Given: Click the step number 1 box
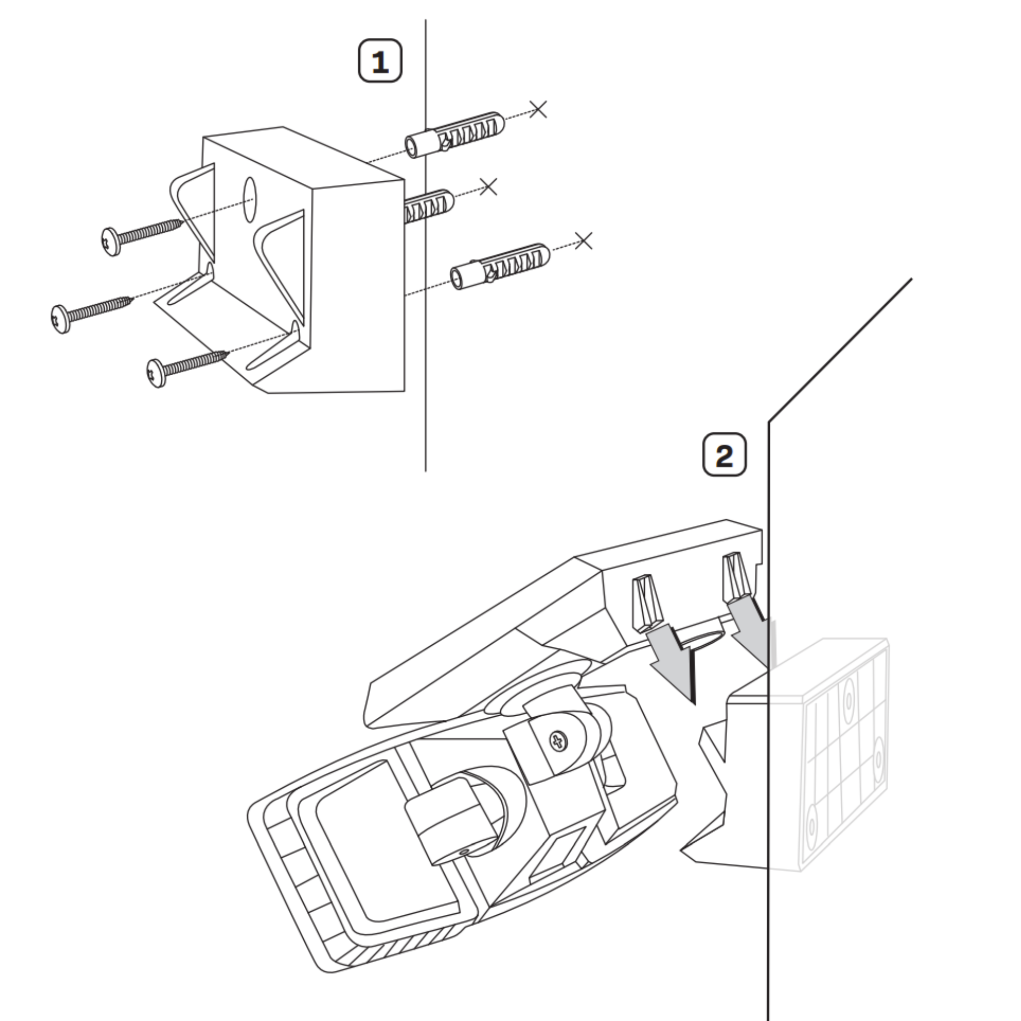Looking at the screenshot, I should [380, 61].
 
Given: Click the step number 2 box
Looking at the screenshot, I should [724, 454].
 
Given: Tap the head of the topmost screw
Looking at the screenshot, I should [109, 241].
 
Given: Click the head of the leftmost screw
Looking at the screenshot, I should [61, 319].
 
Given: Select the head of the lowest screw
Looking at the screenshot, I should [156, 373].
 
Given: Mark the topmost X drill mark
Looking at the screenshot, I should [538, 109].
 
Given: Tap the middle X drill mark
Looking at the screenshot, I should [489, 186].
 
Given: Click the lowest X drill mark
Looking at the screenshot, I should [584, 241].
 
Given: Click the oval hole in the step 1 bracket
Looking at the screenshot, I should [249, 199].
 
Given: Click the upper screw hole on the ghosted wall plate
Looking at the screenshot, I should [849, 700].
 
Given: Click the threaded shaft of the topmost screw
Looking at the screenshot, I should [151, 231].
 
